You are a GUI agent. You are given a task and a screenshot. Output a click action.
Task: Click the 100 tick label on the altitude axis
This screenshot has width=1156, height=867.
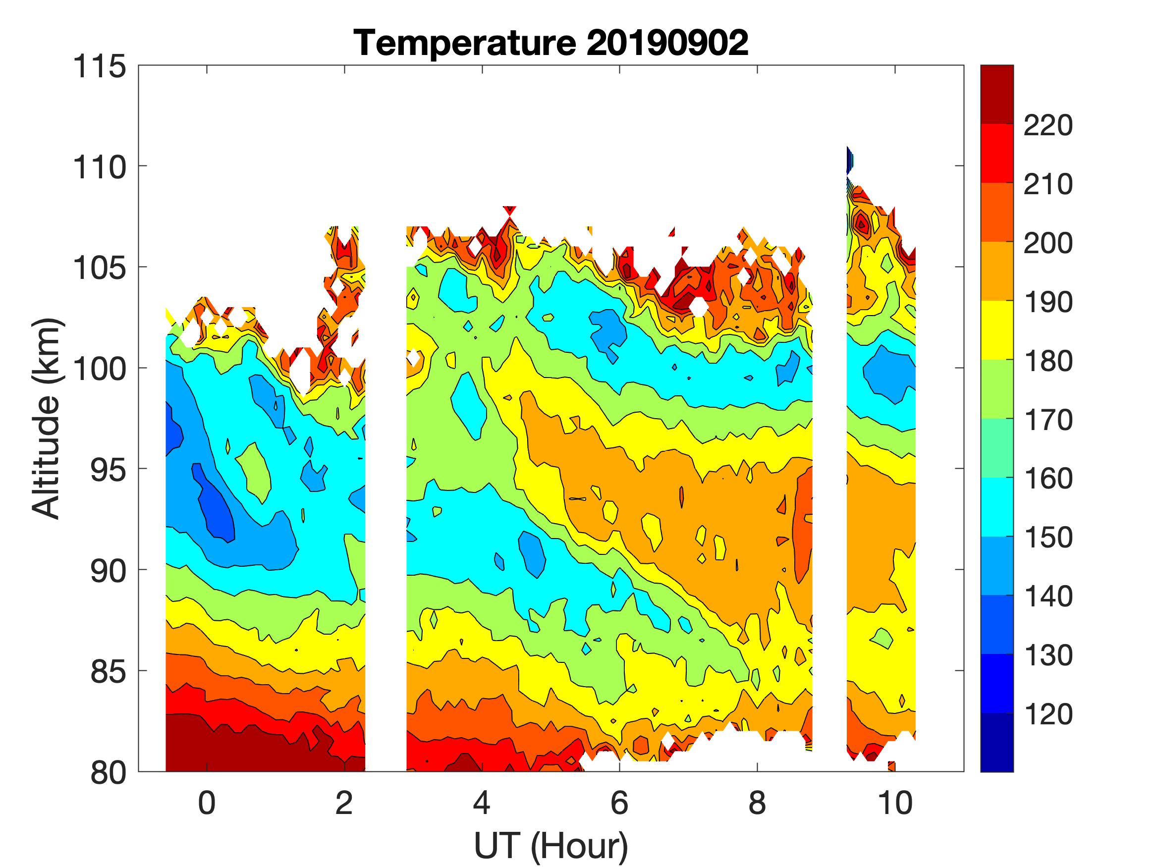point(99,369)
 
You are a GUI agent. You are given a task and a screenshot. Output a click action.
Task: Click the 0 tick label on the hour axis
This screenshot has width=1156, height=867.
point(207,803)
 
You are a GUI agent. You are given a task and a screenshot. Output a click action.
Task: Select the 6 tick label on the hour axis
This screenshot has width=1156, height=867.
point(619,803)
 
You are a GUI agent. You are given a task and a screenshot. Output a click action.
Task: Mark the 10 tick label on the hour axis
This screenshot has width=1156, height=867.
point(895,803)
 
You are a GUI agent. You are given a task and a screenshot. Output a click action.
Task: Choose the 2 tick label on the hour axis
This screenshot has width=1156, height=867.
point(344,803)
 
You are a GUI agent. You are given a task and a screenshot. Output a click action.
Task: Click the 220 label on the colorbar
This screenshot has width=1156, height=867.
point(1048,125)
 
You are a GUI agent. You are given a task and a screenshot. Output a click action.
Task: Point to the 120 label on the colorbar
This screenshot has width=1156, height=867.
point(1048,714)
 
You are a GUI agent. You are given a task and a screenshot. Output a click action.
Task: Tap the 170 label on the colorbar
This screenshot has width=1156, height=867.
point(1048,420)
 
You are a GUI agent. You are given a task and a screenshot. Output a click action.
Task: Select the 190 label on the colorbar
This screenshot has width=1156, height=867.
point(1048,302)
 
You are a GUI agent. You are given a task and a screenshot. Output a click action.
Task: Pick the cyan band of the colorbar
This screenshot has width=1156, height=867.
point(996,507)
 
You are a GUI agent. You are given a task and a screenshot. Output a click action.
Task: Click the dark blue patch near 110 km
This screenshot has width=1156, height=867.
point(849,160)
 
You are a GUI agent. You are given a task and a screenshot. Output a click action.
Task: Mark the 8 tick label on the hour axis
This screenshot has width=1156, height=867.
point(757,803)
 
